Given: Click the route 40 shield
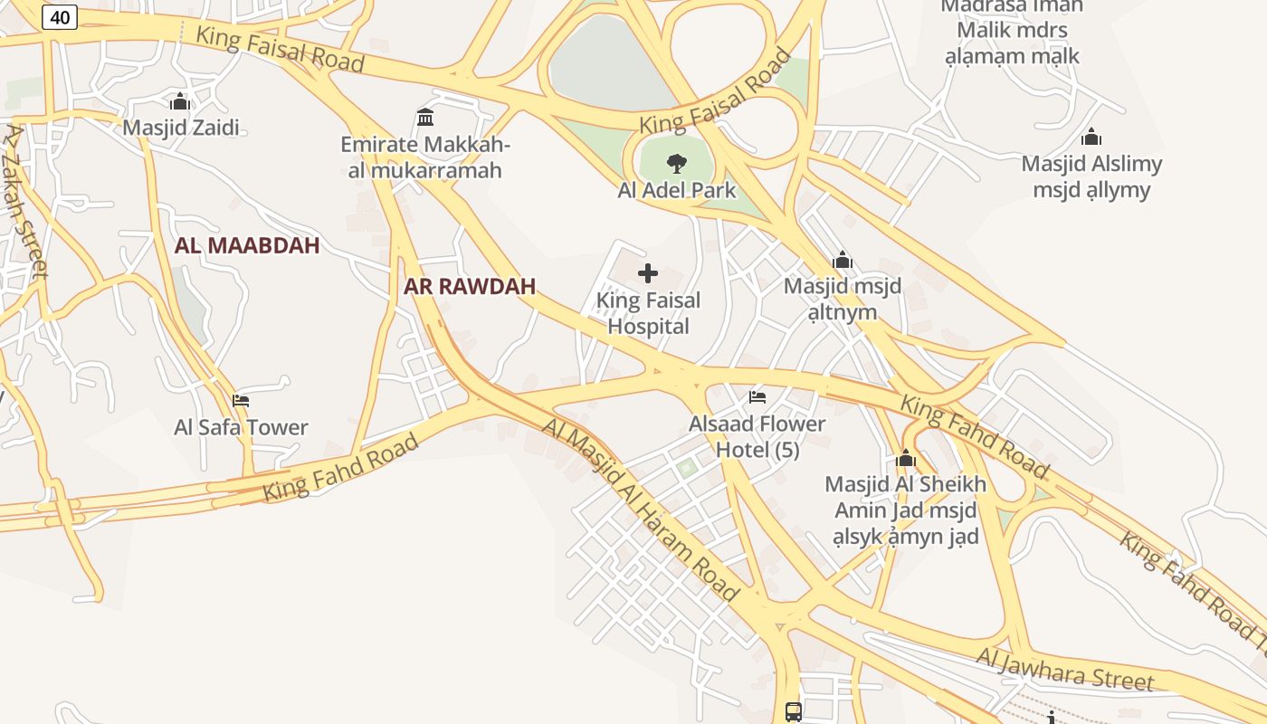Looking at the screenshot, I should click(x=60, y=17).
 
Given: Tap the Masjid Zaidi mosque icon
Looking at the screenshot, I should click(x=180, y=101).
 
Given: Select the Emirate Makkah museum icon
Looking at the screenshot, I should click(x=425, y=117).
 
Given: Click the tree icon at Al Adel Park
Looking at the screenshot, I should click(x=676, y=164).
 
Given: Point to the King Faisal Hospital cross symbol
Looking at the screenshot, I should click(x=648, y=273).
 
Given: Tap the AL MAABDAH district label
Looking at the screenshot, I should click(x=247, y=245).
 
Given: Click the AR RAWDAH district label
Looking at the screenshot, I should click(x=470, y=287).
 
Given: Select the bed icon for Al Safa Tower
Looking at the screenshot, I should click(x=241, y=400).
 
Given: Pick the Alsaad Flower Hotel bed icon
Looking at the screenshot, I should click(x=757, y=396).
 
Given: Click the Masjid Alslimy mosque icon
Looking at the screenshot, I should click(x=1091, y=138).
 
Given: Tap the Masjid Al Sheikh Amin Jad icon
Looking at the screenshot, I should click(x=906, y=459).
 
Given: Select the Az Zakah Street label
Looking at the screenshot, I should click(x=25, y=200).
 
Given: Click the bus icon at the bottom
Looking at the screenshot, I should click(x=794, y=711).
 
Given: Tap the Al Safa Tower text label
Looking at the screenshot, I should click(x=241, y=427).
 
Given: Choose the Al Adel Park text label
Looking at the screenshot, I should click(x=677, y=191).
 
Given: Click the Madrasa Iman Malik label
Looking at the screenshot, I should click(x=1012, y=31).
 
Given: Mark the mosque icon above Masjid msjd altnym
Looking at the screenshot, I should click(x=843, y=261).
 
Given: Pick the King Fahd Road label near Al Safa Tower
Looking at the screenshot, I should click(x=341, y=467).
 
